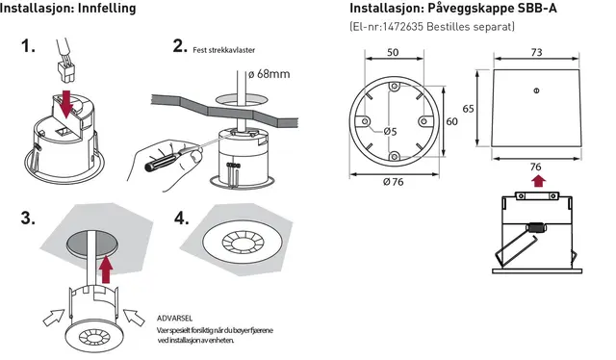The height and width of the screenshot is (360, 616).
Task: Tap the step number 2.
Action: [178, 45]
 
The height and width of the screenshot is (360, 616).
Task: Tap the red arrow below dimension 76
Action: [536, 178]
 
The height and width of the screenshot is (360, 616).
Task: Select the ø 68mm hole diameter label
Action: [269, 73]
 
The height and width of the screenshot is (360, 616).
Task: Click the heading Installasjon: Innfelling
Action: [68, 9]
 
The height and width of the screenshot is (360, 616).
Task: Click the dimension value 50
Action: [393, 52]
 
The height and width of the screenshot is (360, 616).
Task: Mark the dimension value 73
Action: [536, 52]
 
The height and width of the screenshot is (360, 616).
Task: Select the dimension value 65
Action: [468, 109]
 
